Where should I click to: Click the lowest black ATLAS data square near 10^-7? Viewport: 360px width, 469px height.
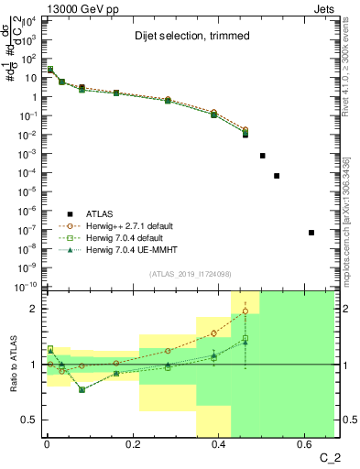click(311, 233)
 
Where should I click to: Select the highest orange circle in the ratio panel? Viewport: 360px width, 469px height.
click(245, 311)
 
